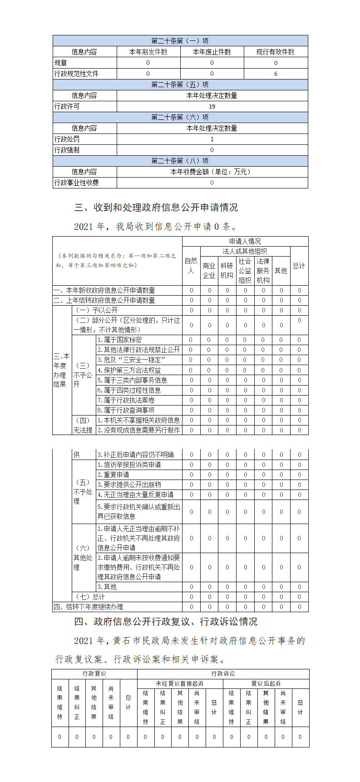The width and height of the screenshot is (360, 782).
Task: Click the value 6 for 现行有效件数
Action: tap(276, 74)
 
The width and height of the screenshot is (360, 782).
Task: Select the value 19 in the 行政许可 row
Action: tap(212, 106)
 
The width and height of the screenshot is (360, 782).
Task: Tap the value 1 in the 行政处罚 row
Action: tap(212, 139)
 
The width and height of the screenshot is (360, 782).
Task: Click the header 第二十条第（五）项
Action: tap(180, 84)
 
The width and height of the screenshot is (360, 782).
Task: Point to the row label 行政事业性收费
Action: tap(77, 183)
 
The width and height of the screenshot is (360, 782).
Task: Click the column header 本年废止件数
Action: tap(212, 52)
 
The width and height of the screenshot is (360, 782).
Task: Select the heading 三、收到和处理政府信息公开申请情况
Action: tap(156, 208)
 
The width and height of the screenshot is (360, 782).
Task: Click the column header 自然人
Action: tap(191, 266)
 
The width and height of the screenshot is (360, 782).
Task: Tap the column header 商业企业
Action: tap(209, 271)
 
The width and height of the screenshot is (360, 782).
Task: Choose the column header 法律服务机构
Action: tap(263, 271)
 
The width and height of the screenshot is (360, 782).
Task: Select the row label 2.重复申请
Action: tap(113, 475)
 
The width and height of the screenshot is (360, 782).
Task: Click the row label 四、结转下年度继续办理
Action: tap(89, 607)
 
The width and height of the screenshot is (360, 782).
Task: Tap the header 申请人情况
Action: tap(245, 241)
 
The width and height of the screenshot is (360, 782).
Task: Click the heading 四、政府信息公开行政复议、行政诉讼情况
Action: tap(166, 621)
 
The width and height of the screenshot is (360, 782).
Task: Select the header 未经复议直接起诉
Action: tap(180, 683)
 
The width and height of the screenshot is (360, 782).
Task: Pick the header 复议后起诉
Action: tap(266, 683)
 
